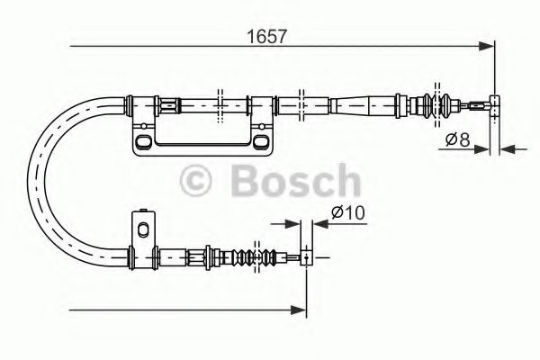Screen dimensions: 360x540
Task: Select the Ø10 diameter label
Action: point(345,214)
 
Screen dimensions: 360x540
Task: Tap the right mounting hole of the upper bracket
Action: point(261,141)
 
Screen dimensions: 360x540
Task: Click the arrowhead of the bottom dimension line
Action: point(300,310)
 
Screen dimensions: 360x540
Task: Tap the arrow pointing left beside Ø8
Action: point(507,147)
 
